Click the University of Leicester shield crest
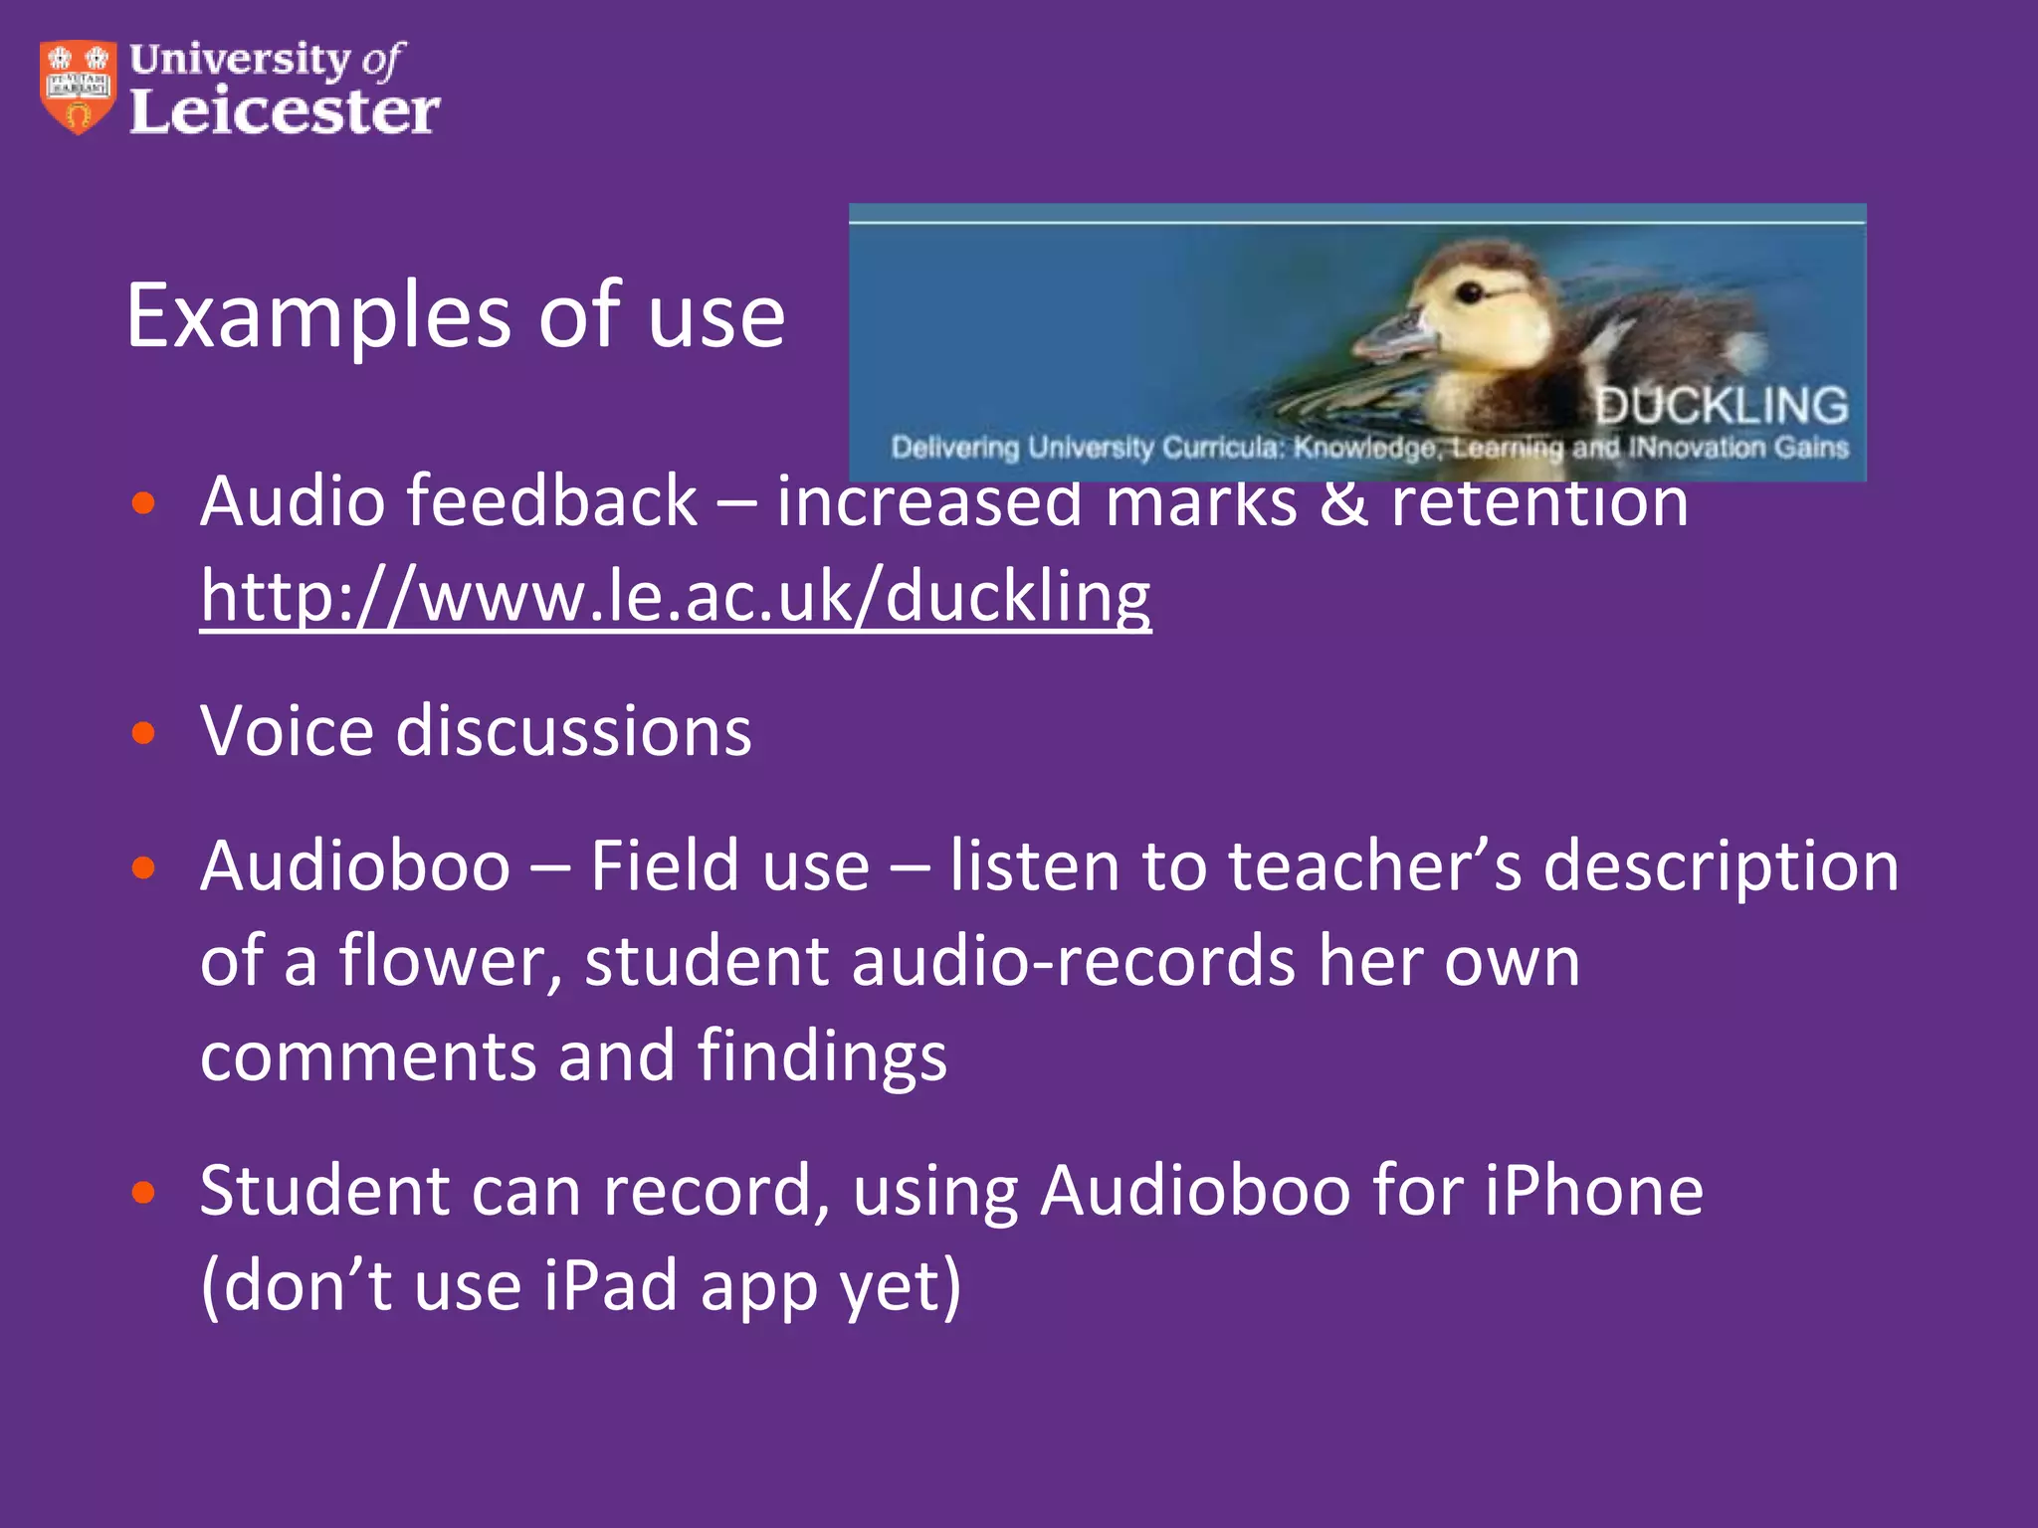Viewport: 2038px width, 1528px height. (x=78, y=87)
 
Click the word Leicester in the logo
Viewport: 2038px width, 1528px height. (x=284, y=110)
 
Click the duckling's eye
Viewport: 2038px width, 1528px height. (x=1472, y=291)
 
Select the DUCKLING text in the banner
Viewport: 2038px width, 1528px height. (x=1722, y=406)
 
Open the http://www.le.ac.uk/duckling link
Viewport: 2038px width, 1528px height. (x=676, y=596)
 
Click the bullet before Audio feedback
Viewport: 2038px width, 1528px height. (x=144, y=502)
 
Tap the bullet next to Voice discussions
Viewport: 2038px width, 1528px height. (x=144, y=733)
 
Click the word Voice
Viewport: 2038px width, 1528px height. (x=288, y=731)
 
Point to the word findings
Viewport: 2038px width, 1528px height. (x=822, y=1056)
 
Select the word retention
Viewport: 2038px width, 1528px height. (x=1539, y=501)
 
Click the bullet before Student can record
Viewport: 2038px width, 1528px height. (x=144, y=1192)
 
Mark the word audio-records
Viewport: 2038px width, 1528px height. (x=1074, y=961)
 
